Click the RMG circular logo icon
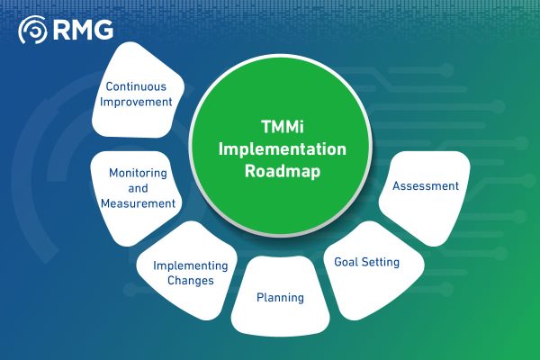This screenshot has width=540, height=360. (34, 31)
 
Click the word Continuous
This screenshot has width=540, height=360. (138, 87)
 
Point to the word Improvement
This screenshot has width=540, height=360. (138, 102)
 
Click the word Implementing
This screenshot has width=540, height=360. (189, 265)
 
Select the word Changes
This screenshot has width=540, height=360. (189, 281)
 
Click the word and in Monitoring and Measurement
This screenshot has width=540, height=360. (139, 187)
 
